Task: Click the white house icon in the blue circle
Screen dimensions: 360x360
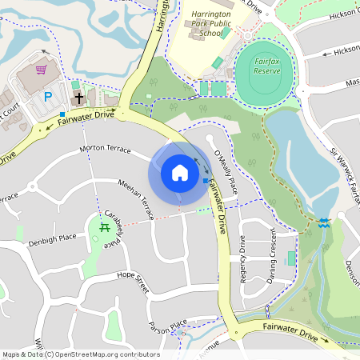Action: click(180, 173)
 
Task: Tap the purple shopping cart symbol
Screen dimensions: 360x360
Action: click(52, 70)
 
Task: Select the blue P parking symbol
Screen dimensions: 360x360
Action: click(47, 97)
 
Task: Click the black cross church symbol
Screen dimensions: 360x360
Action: click(78, 98)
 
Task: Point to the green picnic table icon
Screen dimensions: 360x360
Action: click(105, 228)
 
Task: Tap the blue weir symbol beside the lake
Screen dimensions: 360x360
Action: click(323, 223)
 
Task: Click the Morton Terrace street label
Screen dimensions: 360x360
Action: click(105, 149)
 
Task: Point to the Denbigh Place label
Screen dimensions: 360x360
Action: click(52, 238)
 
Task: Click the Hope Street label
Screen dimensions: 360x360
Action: click(133, 282)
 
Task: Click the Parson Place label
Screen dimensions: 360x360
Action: click(167, 326)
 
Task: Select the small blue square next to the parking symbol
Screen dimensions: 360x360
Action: click(62, 114)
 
